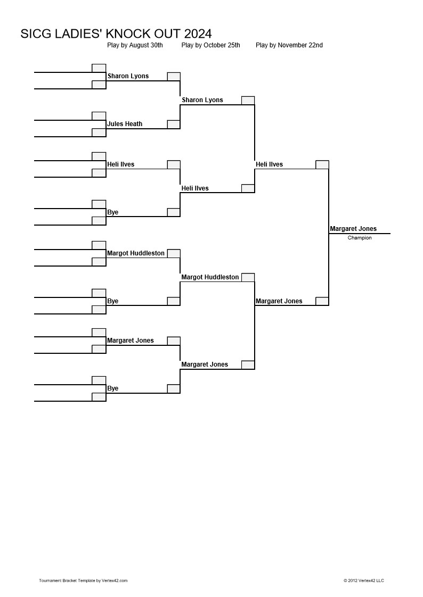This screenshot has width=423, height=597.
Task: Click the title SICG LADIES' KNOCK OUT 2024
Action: [116, 34]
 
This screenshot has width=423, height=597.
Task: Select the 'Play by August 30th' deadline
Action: [135, 45]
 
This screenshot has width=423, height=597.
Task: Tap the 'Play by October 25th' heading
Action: [211, 45]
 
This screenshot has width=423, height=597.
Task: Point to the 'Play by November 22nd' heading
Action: [289, 45]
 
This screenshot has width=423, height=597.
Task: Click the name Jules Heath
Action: [125, 124]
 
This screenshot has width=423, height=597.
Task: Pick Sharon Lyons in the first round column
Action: [128, 76]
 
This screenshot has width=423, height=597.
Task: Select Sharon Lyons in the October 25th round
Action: [202, 99]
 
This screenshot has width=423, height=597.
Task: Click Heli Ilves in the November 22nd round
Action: [270, 164]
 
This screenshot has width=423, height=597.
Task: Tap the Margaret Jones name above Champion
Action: [353, 228]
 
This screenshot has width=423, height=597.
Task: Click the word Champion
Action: [360, 238]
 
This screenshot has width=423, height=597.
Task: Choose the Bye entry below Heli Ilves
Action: [113, 212]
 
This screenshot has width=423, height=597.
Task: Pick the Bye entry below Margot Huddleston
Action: [113, 301]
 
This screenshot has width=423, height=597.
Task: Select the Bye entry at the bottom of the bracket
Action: [113, 388]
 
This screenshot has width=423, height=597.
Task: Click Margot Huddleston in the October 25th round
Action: [210, 277]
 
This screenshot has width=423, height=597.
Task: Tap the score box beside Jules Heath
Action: [174, 124]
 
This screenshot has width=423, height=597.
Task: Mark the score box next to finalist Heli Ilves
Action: [322, 164]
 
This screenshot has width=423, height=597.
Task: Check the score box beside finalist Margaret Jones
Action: [322, 301]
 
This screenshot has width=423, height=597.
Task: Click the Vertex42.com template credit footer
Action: [83, 581]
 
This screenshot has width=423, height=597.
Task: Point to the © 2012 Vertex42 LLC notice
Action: [364, 581]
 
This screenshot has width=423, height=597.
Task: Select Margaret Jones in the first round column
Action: [131, 341]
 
